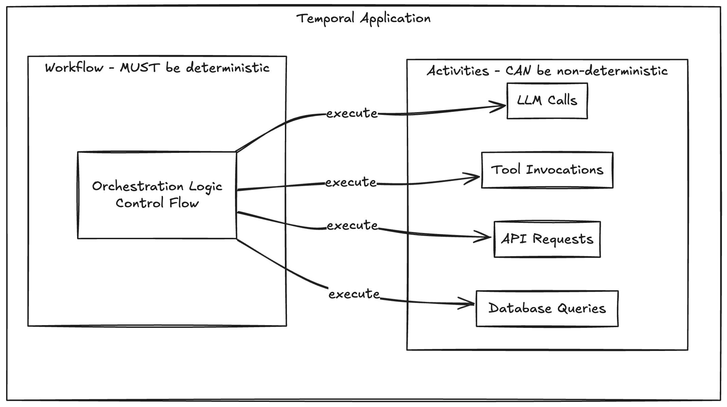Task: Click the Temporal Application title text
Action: (x=363, y=18)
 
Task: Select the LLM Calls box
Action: (x=547, y=101)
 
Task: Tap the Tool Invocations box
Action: (x=547, y=170)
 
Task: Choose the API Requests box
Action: (x=547, y=239)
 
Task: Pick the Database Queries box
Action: (x=547, y=308)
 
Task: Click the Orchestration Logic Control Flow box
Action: (x=157, y=195)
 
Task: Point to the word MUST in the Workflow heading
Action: (x=140, y=68)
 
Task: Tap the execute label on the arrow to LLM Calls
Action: (x=352, y=113)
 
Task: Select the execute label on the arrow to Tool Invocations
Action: (x=351, y=183)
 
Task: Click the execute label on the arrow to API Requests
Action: (x=352, y=226)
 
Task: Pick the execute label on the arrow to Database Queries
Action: (x=354, y=294)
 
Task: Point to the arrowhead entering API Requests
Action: (x=487, y=237)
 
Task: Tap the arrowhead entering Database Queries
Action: (x=470, y=303)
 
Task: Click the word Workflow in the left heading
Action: (x=74, y=68)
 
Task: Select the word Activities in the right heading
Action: (x=457, y=71)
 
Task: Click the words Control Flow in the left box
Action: (x=157, y=203)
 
